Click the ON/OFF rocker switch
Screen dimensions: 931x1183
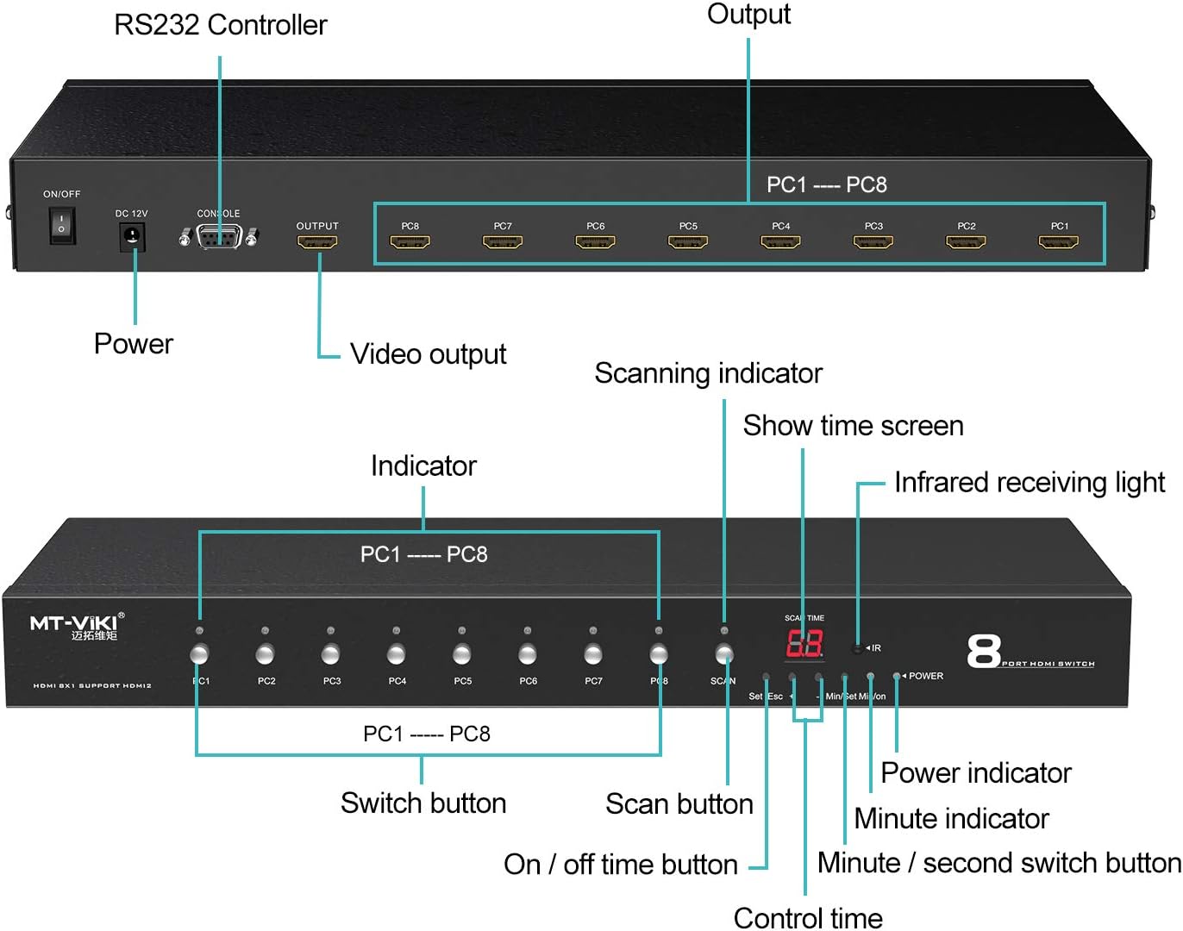coord(61,225)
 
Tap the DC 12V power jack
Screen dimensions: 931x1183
coord(132,235)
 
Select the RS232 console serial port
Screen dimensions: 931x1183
coord(218,236)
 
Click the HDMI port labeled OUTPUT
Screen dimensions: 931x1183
coord(317,242)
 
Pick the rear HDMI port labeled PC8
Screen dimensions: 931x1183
coord(410,242)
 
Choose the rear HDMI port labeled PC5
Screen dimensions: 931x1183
coord(688,242)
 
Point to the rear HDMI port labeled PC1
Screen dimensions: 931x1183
coord(1059,242)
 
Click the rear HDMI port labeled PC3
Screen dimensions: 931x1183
coord(873,242)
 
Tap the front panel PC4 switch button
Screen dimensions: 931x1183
coord(397,655)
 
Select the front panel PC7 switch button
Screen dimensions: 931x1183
coord(593,655)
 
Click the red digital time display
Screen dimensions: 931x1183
coord(804,644)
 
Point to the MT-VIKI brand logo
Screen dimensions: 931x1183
coord(77,625)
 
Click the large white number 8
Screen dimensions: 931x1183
coord(984,652)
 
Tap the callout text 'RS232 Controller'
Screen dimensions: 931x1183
coord(221,25)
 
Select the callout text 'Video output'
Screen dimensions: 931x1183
coord(428,354)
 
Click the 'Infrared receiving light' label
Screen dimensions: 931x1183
coord(1029,483)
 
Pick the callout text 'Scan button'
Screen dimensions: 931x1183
coord(679,804)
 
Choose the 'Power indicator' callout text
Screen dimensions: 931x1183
coord(975,773)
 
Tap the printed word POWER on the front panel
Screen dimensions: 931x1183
coord(926,676)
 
